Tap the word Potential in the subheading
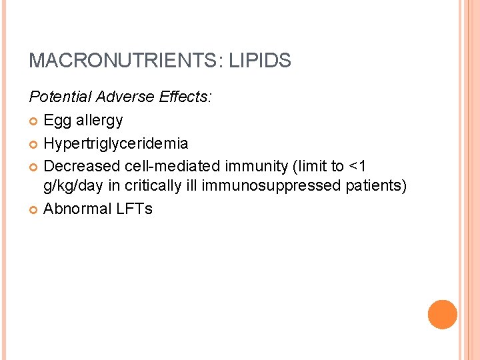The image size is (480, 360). tap(60, 97)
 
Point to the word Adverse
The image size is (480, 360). tap(125, 97)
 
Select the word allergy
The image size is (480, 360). tap(99, 121)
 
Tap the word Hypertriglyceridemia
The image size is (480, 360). tap(115, 143)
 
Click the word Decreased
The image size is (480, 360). tap(81, 165)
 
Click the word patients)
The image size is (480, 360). tap(377, 185)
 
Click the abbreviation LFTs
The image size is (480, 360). tap(135, 209)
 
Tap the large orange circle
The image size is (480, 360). tap(442, 315)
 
